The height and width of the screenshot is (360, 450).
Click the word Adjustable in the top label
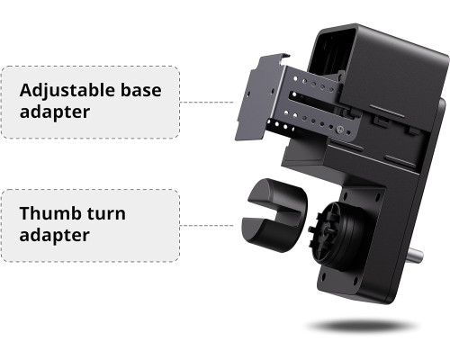(67, 91)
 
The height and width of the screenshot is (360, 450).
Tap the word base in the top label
(140, 90)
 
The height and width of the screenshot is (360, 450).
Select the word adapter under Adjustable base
(55, 112)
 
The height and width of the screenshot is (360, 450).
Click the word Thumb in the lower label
(49, 213)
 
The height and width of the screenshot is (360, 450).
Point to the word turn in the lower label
(106, 214)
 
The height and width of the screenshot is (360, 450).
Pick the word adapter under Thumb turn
(55, 236)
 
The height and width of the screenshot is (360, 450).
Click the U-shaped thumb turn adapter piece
(274, 215)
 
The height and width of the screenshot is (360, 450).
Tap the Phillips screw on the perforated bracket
(339, 130)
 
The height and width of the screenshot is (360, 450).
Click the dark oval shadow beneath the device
(362, 326)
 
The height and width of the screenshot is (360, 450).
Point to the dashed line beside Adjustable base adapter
(206, 103)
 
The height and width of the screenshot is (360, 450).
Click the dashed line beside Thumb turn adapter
(206, 225)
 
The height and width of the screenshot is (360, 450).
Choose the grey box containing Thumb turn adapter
(90, 226)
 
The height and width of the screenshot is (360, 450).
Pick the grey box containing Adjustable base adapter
(90, 103)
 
